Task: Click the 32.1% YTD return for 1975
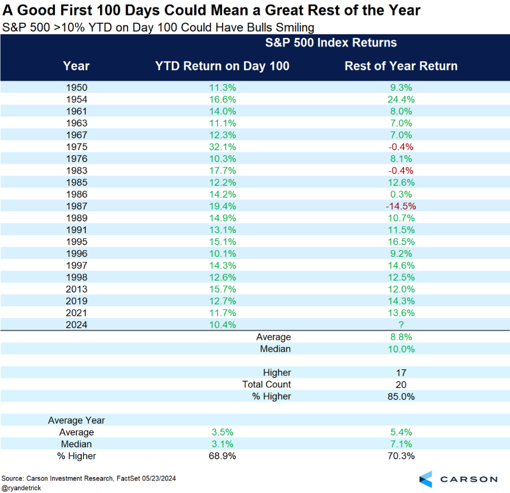pos(222,147)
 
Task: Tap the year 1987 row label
pos(76,206)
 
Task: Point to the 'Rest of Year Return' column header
pos(401,66)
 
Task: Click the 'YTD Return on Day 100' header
pos(222,66)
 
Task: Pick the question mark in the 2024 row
pos(401,325)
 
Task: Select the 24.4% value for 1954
pos(401,99)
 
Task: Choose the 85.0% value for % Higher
pos(401,396)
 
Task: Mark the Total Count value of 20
pos(401,385)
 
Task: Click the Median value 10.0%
pos(401,349)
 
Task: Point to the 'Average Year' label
pos(76,420)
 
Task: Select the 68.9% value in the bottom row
pos(222,456)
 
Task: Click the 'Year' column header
pos(76,66)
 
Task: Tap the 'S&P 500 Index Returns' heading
pos(331,43)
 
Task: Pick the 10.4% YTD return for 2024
pos(222,325)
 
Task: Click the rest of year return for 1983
pos(401,171)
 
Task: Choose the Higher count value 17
pos(401,373)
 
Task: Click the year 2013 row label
pos(76,289)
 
